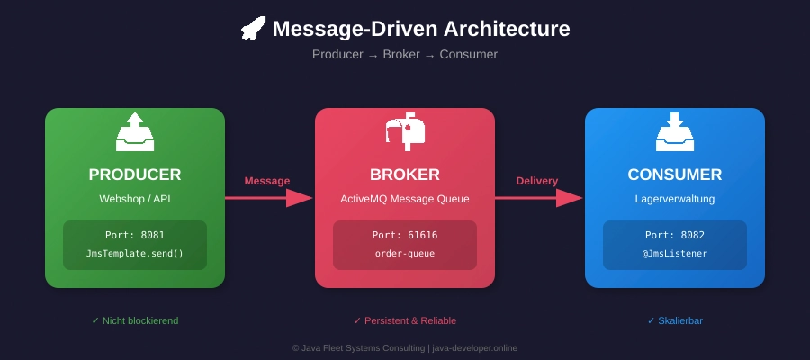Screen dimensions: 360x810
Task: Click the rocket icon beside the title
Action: (x=253, y=29)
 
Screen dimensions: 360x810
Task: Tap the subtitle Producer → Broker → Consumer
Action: (x=405, y=54)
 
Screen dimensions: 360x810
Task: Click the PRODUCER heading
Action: (x=135, y=175)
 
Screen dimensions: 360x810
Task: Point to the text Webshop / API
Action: (x=135, y=198)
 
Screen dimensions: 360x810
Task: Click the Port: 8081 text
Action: (x=135, y=235)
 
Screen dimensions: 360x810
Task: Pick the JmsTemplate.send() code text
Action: (x=135, y=253)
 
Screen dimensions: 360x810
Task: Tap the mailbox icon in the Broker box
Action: (x=405, y=131)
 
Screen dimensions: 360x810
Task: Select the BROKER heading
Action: (x=405, y=175)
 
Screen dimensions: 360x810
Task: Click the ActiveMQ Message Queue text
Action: (x=405, y=198)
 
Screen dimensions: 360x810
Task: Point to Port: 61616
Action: (x=405, y=235)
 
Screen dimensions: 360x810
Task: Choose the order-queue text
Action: (x=405, y=253)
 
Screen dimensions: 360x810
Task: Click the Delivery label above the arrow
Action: (x=537, y=181)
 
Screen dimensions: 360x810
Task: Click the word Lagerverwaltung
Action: (x=675, y=198)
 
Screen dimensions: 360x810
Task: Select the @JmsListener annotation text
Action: (x=675, y=253)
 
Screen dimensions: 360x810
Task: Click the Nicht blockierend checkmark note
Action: (x=135, y=320)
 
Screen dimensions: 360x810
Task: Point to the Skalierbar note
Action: (x=675, y=320)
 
